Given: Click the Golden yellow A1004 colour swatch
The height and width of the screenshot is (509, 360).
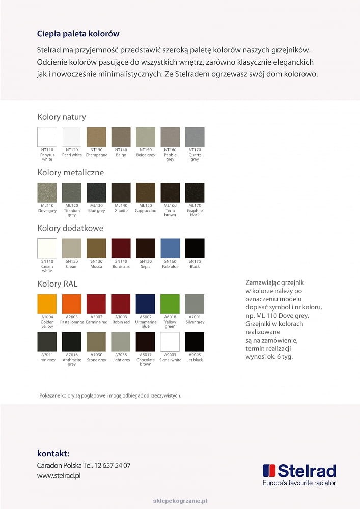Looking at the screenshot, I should (x=47, y=304).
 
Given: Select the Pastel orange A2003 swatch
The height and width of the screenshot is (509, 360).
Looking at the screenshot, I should (x=72, y=304).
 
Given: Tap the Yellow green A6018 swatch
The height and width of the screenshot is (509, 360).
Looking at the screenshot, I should (x=170, y=304).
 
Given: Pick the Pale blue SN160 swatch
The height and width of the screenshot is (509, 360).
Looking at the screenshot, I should (x=170, y=248).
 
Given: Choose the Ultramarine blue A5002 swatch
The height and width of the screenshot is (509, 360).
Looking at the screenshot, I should (x=146, y=304).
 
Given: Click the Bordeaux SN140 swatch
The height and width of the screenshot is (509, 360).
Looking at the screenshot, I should (x=121, y=248).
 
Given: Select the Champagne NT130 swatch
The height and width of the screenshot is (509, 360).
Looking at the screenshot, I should (x=96, y=137).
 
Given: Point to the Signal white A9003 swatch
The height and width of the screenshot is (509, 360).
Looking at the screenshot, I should (x=170, y=342).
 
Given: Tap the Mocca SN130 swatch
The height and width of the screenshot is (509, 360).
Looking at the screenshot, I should (x=96, y=248).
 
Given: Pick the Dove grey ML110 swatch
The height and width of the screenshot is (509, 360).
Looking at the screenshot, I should (x=47, y=192).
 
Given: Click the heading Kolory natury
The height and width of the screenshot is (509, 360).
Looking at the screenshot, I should (x=62, y=117).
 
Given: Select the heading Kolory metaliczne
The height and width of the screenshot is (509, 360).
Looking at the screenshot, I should (x=70, y=172).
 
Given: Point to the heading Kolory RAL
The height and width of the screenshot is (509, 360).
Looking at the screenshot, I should (x=58, y=284).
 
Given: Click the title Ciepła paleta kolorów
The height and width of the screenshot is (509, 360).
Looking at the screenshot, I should (x=78, y=34).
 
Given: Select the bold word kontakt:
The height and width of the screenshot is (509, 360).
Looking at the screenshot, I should (x=53, y=453).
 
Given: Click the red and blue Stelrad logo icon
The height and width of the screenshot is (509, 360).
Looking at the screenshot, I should (x=269, y=471).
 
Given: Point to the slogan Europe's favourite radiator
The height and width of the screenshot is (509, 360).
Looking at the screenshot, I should (x=299, y=483).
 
